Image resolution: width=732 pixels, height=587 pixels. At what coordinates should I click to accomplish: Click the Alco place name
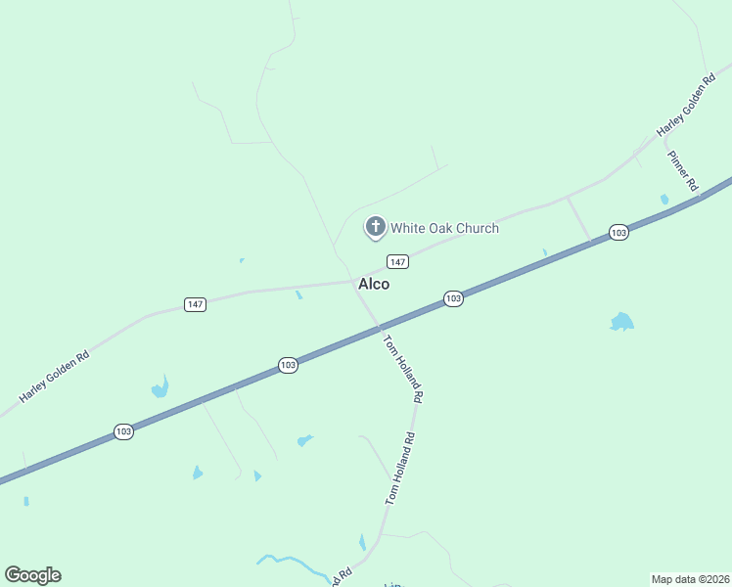374,284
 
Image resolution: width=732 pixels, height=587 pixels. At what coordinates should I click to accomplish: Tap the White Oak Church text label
444,228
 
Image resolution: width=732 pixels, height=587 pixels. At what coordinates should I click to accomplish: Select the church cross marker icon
375,227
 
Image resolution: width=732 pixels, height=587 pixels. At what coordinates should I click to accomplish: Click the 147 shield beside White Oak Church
396,261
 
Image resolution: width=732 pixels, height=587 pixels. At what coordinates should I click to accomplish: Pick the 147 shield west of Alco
196,304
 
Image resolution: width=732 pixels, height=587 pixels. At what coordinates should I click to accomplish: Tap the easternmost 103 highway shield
618,232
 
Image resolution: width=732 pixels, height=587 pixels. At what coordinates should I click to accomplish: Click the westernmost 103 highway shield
123,430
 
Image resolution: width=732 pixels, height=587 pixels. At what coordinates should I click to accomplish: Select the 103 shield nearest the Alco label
452,298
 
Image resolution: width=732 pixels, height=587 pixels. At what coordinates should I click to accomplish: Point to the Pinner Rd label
683,170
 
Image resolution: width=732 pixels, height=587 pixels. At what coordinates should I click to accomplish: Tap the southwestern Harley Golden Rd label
54,377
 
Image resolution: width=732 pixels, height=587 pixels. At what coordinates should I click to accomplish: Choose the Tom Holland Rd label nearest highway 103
402,370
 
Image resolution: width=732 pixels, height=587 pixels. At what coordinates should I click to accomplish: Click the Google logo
32,574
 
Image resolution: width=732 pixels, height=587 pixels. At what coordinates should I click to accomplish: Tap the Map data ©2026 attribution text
690,578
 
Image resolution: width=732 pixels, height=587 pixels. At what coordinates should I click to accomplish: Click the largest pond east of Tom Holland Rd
621,322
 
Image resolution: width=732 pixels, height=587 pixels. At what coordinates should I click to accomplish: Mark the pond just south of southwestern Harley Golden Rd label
160,388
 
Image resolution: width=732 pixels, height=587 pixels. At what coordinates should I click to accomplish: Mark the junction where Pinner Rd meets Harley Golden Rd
665,140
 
